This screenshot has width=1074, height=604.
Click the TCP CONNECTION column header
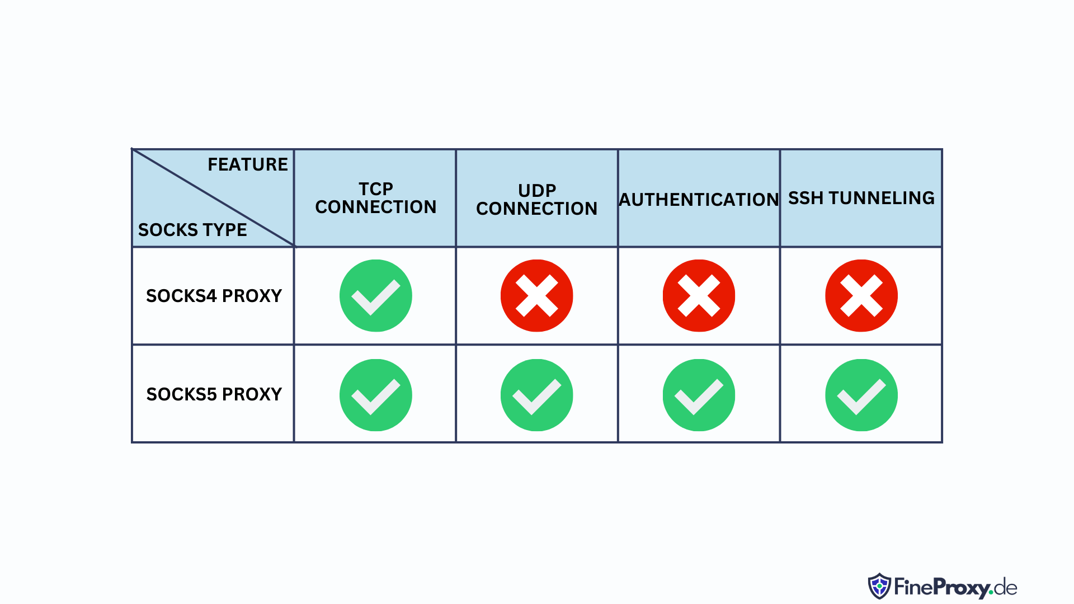pyautogui.click(x=376, y=198)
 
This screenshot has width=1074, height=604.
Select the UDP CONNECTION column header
pyautogui.click(x=537, y=200)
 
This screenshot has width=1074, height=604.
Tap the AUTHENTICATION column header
pyautogui.click(x=699, y=200)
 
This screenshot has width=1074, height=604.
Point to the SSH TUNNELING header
pyautogui.click(x=861, y=198)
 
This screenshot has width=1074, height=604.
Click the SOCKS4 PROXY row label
pyautogui.click(x=214, y=296)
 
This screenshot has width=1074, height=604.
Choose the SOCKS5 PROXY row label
pyautogui.click(x=214, y=394)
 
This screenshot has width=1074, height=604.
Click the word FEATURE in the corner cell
pyautogui.click(x=248, y=164)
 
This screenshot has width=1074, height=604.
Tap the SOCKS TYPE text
pyautogui.click(x=192, y=230)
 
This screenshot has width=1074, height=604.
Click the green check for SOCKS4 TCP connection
pyautogui.click(x=376, y=296)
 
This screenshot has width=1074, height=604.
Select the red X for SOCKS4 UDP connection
pyautogui.click(x=537, y=296)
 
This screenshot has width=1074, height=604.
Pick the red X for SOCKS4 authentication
pyautogui.click(x=699, y=296)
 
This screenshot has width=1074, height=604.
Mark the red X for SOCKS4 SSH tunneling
pyautogui.click(x=861, y=296)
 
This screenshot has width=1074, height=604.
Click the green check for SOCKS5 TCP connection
pyautogui.click(x=376, y=395)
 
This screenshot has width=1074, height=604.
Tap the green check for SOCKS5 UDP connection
pyautogui.click(x=537, y=395)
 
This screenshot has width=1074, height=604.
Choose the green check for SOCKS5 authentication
pyautogui.click(x=699, y=395)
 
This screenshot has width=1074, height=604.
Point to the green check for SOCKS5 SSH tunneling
pyautogui.click(x=861, y=395)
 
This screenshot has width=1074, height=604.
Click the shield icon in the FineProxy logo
pyautogui.click(x=879, y=586)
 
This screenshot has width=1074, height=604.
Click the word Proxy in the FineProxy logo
pyautogui.click(x=961, y=588)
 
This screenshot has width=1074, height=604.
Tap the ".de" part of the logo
pyautogui.click(x=1004, y=588)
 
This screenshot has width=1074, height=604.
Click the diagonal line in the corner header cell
pyautogui.click(x=213, y=197)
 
